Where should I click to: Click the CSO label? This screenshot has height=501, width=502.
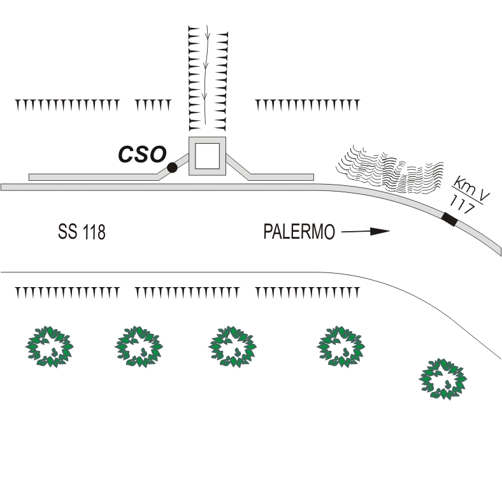[x=143, y=154]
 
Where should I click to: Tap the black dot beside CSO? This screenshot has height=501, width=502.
[x=172, y=167]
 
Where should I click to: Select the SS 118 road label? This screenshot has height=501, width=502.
[x=82, y=231]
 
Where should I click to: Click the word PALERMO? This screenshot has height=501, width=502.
[x=299, y=231]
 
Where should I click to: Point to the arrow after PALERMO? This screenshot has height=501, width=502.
[x=366, y=231]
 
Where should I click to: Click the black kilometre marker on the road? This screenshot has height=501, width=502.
[x=449, y=219]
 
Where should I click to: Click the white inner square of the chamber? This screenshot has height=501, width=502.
[x=208, y=156]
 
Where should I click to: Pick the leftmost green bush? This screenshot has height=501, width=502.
[x=49, y=346]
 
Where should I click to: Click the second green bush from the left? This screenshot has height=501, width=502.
[x=139, y=346]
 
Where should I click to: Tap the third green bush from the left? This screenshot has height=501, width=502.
[x=233, y=346]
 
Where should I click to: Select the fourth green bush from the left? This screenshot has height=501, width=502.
[x=341, y=346]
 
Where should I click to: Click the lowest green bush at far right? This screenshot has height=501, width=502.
[x=443, y=379]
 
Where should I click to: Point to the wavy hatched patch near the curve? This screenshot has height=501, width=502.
[x=390, y=169]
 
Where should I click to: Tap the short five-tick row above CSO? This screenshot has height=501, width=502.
[x=153, y=105]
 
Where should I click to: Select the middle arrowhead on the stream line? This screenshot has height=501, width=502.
[x=206, y=66]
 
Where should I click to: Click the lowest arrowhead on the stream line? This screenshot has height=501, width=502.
[x=205, y=95]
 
